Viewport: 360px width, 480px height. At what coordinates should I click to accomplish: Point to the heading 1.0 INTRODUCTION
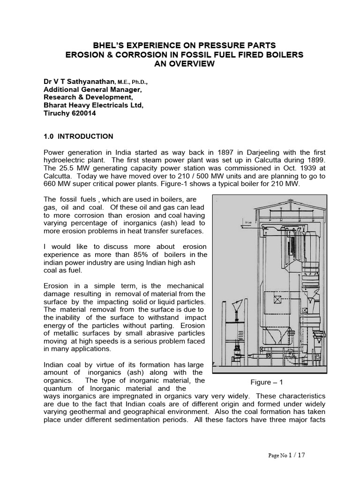click(78, 136)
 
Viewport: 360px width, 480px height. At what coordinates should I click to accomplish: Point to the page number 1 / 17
click(300, 455)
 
